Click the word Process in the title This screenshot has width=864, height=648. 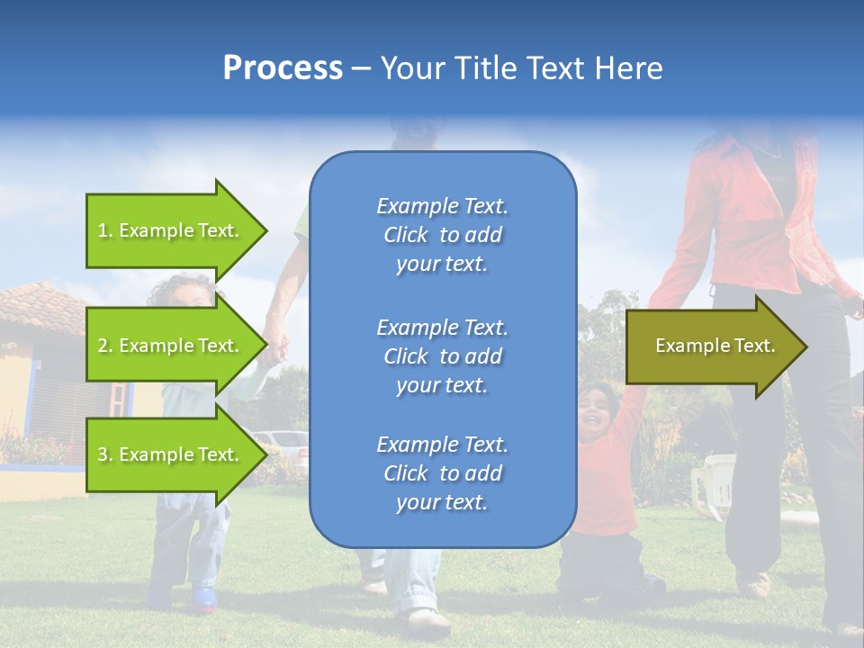coord(283,67)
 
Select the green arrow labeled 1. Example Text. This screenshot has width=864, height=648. coord(177,230)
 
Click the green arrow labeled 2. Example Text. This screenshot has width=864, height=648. coord(177,345)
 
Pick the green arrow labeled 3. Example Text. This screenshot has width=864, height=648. coord(177,454)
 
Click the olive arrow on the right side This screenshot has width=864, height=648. coord(717,346)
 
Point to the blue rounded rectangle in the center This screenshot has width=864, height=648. coord(443,349)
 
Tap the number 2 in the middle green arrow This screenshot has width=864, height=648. coord(103,346)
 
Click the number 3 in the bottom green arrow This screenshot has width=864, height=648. coord(103,454)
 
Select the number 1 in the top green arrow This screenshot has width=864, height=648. coord(102,230)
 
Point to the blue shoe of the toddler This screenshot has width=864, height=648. coord(204,599)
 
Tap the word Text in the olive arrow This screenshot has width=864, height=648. coord(755,346)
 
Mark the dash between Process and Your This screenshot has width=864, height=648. coord(361,70)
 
